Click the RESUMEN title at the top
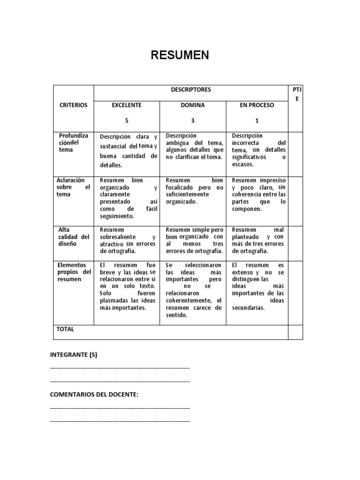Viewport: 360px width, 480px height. coord(180,56)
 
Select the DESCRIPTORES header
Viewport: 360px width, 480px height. coord(190,90)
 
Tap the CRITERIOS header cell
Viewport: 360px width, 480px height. coord(74,105)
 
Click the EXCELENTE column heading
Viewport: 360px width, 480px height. coord(127,105)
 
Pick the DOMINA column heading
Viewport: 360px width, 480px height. coord(193,105)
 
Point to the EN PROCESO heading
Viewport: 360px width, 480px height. coord(256,105)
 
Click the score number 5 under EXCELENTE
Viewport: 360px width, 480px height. coord(127,120)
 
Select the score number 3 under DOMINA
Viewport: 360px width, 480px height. coord(193,120)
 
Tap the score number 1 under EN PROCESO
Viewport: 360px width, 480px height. coord(256,120)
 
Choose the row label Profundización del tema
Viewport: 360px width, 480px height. coord(72,142)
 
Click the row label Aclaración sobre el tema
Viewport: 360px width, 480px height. coord(73,187)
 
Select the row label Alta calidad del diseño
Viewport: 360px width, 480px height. coord(73,237)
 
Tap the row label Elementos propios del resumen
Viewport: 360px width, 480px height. coord(74,272)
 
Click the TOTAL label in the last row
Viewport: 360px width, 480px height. coord(65,329)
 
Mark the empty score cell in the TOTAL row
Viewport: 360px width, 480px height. coord(295,332)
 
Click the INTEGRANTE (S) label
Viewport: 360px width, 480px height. coord(74,355)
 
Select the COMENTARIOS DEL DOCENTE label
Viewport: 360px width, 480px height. coord(94,394)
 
